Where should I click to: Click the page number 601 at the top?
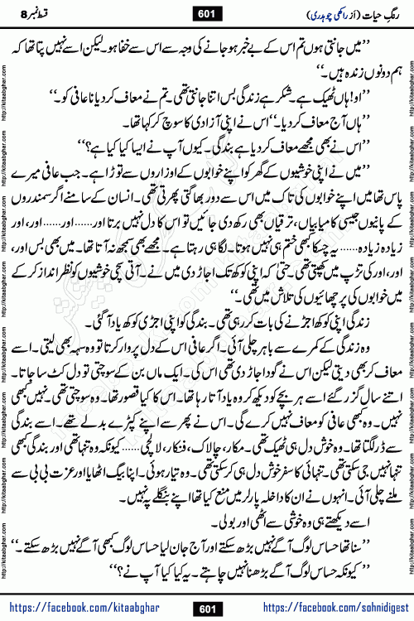pos(207,12)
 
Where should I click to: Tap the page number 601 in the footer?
pos(207,608)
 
